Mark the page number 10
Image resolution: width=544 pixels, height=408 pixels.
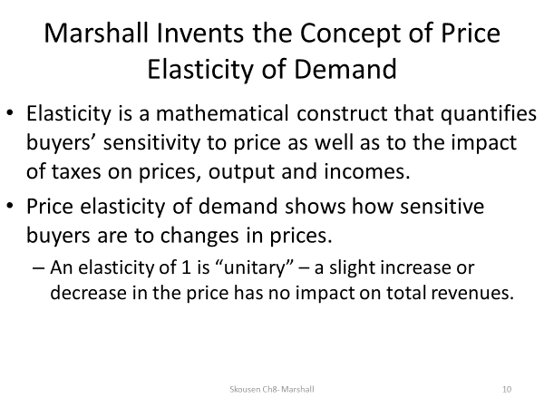[506, 389]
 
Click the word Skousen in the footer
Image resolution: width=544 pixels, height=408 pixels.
[245, 389]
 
